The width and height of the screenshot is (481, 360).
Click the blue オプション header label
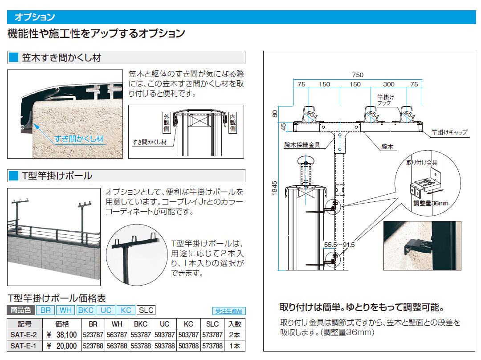[x=35, y=17]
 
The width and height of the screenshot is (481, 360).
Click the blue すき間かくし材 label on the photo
[x=79, y=139]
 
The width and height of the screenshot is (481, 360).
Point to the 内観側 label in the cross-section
[x=232, y=122]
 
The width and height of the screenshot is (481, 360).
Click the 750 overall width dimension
[x=358, y=75]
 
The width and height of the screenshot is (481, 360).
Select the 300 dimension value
[x=389, y=84]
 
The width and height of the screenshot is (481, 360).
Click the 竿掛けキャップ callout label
[x=449, y=132]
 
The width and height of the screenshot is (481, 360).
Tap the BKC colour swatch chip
[x=86, y=311]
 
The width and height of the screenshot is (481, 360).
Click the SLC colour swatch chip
[x=146, y=311]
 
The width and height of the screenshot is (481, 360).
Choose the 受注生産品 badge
[x=229, y=311]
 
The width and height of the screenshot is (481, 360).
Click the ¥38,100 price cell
[x=62, y=335]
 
